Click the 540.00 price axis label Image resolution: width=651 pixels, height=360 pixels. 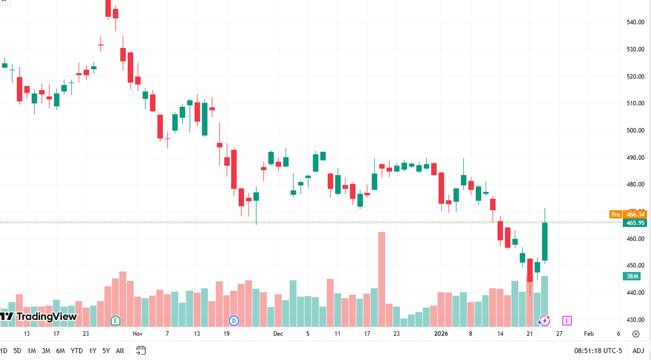pyautogui.click(x=635, y=22)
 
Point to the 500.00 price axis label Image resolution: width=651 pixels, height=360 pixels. pyautogui.click(x=635, y=131)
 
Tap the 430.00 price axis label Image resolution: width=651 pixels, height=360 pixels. pyautogui.click(x=635, y=320)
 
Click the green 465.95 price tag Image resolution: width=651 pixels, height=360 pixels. pyautogui.click(x=635, y=223)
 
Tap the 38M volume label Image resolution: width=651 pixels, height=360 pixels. pyautogui.click(x=632, y=276)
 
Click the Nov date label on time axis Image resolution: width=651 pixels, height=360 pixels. pyautogui.click(x=137, y=333)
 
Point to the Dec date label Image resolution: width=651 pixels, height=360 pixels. pyautogui.click(x=278, y=333)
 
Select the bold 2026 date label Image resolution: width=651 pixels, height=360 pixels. pyautogui.click(x=441, y=333)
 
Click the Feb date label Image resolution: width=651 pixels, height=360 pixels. pyautogui.click(x=589, y=333)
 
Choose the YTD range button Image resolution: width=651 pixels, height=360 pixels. pyautogui.click(x=76, y=351)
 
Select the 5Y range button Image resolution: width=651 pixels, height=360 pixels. pyautogui.click(x=106, y=351)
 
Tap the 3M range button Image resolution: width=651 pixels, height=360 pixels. pyautogui.click(x=46, y=351)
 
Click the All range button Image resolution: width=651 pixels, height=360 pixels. pyautogui.click(x=120, y=351)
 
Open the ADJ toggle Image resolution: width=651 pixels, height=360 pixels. pyautogui.click(x=638, y=351)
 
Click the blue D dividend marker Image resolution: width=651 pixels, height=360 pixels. pyautogui.click(x=234, y=321)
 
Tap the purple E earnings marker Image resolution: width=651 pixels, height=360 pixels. pyautogui.click(x=567, y=321)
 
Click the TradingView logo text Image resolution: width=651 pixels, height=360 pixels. pyautogui.click(x=47, y=317)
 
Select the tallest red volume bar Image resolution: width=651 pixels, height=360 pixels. pyautogui.click(x=381, y=279)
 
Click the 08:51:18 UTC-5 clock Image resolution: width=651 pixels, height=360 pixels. pyautogui.click(x=598, y=351)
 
